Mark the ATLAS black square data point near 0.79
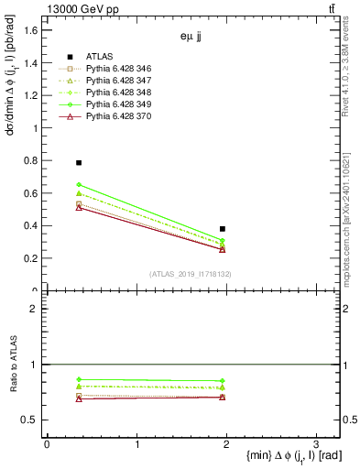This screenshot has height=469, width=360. point(79,162)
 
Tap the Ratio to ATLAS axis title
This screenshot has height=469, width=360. point(13,365)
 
